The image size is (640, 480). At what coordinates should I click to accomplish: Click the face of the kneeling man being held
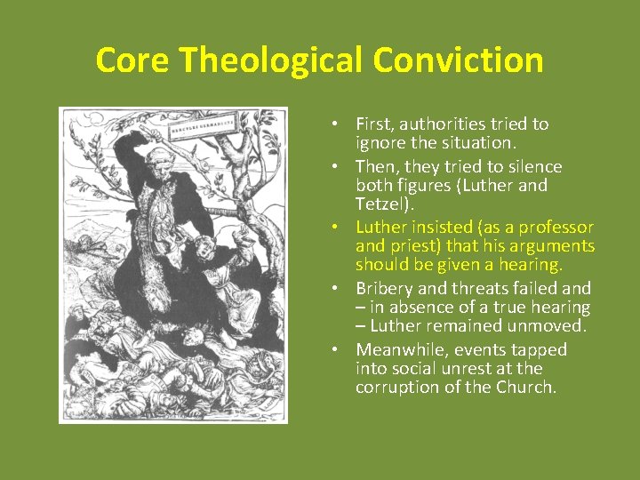(x=206, y=246)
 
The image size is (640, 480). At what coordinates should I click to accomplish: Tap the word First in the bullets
(x=374, y=124)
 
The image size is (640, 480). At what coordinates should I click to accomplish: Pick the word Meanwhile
(x=399, y=349)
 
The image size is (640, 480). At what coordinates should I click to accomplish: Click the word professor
(x=557, y=227)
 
